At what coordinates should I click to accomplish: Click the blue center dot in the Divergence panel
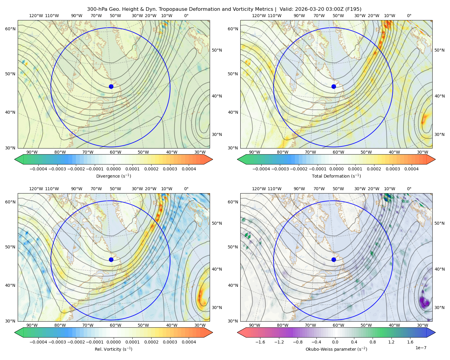[111, 86]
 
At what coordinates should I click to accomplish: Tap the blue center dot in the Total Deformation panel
[334, 86]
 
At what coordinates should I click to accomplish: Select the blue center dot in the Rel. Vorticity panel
[111, 259]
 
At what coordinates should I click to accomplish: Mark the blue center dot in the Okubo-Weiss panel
[334, 259]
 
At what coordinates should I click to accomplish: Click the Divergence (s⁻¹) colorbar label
[113, 176]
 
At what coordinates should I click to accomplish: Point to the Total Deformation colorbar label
[336, 176]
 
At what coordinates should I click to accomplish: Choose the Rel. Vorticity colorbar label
[113, 349]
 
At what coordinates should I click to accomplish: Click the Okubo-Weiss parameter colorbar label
[336, 349]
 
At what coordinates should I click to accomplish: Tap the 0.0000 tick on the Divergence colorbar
[113, 169]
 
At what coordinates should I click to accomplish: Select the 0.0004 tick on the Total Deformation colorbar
[411, 169]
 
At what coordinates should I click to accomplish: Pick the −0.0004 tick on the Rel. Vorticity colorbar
[38, 342]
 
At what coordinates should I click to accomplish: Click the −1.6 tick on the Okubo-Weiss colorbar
[260, 342]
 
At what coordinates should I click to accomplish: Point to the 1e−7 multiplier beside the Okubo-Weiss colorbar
[421, 348]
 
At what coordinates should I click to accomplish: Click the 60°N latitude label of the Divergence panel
[10, 29]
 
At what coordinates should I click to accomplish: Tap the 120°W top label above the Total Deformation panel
[259, 16]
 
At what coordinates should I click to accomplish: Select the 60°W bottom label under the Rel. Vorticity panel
[115, 325]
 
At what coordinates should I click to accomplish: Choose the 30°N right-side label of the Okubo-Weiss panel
[439, 307]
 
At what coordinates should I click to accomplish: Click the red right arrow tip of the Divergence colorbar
[213, 159]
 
